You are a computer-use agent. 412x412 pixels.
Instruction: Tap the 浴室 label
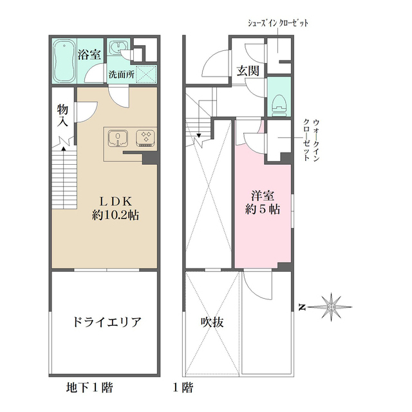(x=89, y=54)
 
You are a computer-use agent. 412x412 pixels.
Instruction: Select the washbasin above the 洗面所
(x=117, y=50)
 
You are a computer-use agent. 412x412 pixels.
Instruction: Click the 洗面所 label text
(x=120, y=73)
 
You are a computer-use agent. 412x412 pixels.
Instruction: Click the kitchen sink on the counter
(x=117, y=137)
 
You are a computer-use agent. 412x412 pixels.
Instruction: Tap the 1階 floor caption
(x=182, y=388)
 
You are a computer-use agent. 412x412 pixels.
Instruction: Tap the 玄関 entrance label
(x=247, y=71)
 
